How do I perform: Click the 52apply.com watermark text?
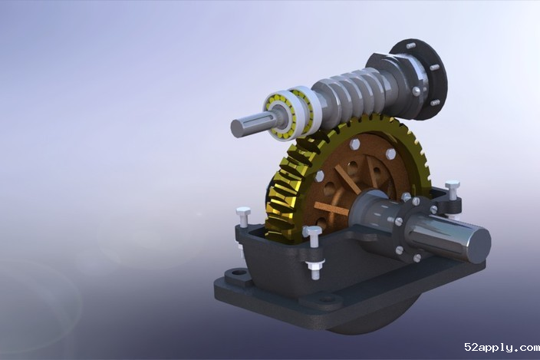point(502,347)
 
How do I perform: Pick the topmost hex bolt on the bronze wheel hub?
point(354,144)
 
